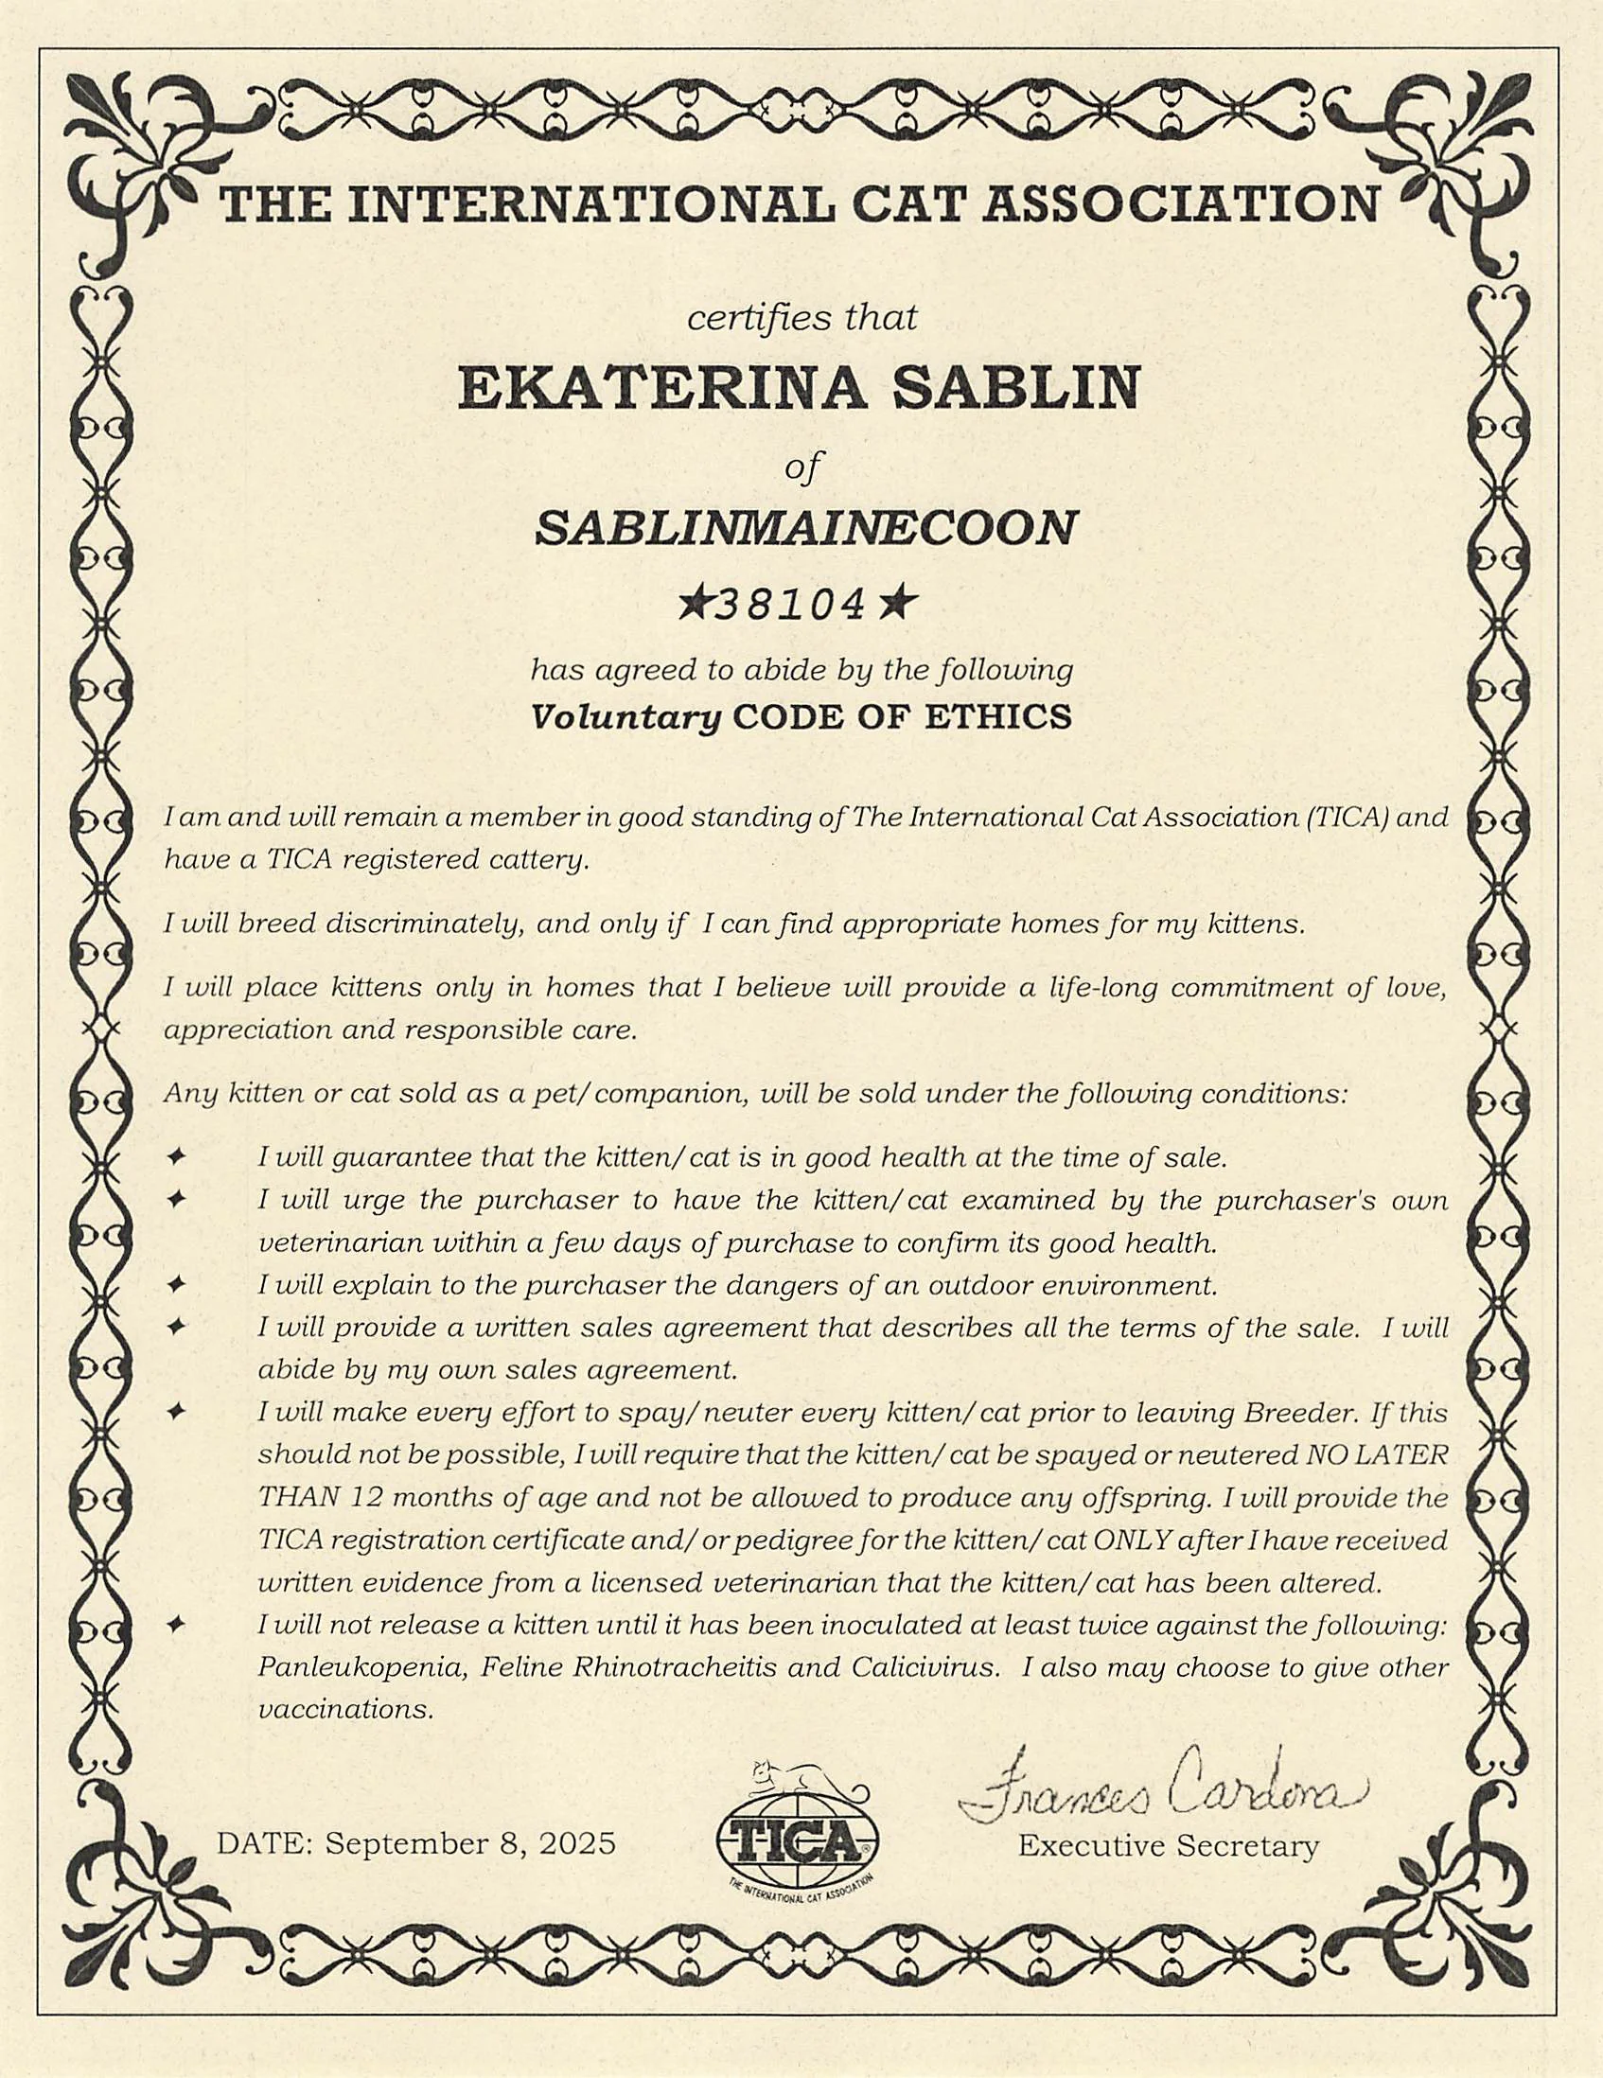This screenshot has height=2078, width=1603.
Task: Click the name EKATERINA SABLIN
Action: coord(798,389)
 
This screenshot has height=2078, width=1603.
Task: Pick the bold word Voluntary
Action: coord(625,717)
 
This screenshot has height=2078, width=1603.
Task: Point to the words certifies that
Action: coord(802,318)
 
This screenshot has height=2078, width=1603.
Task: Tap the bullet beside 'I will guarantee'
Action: coord(174,1159)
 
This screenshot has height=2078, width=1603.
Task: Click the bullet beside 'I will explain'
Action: coord(174,1285)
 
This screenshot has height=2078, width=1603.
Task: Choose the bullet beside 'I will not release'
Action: coord(174,1627)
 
